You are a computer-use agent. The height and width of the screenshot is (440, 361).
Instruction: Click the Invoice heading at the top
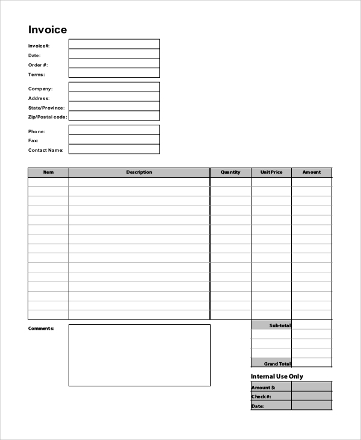[x=48, y=30]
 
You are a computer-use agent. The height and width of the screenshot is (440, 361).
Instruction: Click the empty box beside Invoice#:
[x=114, y=44]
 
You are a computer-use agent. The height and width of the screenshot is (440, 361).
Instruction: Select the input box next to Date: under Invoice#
[x=114, y=54]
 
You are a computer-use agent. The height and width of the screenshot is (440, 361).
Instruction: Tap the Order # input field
[x=114, y=63]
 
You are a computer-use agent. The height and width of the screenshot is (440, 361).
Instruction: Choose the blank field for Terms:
[x=114, y=73]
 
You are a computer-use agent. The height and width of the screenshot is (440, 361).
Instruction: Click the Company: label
[x=40, y=89]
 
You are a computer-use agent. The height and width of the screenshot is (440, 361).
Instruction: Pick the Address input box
[x=114, y=97]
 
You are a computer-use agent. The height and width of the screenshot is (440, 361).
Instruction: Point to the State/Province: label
[x=46, y=107]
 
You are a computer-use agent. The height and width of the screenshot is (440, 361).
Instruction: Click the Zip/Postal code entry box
[x=114, y=116]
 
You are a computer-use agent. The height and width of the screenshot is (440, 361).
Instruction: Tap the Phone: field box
[x=114, y=130]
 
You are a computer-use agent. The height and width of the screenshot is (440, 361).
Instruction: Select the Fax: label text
[x=33, y=140]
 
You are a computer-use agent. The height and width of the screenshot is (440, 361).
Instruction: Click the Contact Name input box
[x=114, y=149]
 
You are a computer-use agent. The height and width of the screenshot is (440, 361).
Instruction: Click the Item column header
[x=48, y=172]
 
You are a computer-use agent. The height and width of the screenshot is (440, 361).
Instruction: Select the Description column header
[x=139, y=172]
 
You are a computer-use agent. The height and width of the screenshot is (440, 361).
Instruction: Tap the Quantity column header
[x=230, y=172]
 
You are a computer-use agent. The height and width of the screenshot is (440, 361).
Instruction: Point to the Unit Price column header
[x=271, y=172]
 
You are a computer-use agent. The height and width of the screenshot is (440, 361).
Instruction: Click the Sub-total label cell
[x=272, y=325]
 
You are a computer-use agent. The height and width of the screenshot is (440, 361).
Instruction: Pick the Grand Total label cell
[x=272, y=363]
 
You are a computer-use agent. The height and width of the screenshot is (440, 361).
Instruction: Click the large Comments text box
[x=140, y=355]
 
